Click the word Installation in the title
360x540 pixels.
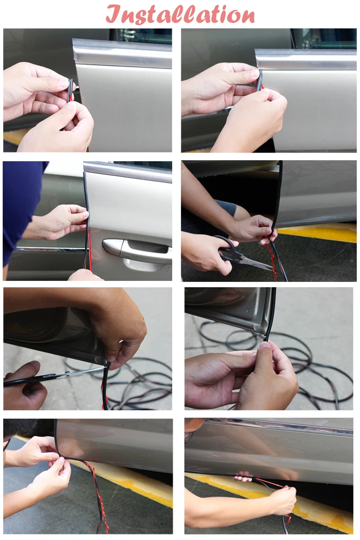coord(180,14)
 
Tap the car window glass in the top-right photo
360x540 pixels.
coord(325,38)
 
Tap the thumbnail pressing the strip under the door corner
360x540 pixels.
coord(265,345)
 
